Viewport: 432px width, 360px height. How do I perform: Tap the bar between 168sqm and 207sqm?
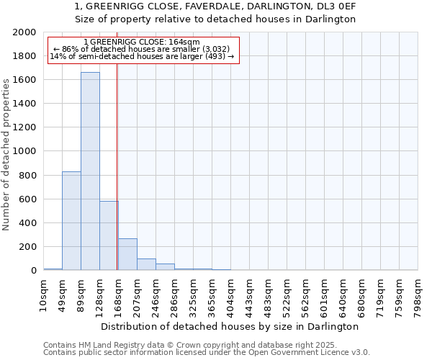click(127, 254)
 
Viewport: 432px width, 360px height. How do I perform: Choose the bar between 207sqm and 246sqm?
click(146, 264)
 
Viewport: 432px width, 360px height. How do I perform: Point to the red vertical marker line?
click(117, 166)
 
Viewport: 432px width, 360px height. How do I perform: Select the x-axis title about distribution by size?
click(230, 326)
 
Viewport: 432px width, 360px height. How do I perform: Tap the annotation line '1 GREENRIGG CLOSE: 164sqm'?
click(141, 42)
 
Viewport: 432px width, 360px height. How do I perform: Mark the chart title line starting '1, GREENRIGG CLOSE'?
click(215, 6)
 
